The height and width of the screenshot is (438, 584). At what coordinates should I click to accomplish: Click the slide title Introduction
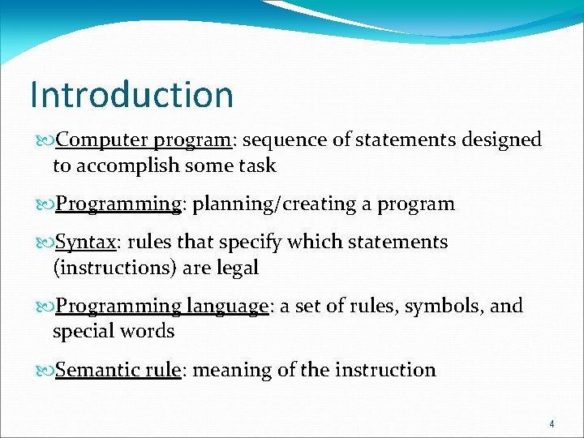point(131,95)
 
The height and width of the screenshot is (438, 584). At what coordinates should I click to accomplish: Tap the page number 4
point(552,423)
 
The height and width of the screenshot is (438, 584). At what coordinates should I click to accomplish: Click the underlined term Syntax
point(86,242)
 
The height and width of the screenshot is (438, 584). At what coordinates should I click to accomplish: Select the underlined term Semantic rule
point(118,370)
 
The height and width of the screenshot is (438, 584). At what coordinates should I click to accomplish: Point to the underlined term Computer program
point(144,140)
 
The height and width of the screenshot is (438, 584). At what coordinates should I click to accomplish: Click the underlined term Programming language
point(161,306)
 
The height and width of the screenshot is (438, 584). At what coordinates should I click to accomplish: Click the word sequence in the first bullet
point(280,140)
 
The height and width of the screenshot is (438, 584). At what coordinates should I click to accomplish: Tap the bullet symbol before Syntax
point(46,243)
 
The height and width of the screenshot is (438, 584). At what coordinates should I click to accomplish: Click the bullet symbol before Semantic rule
point(46,371)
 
